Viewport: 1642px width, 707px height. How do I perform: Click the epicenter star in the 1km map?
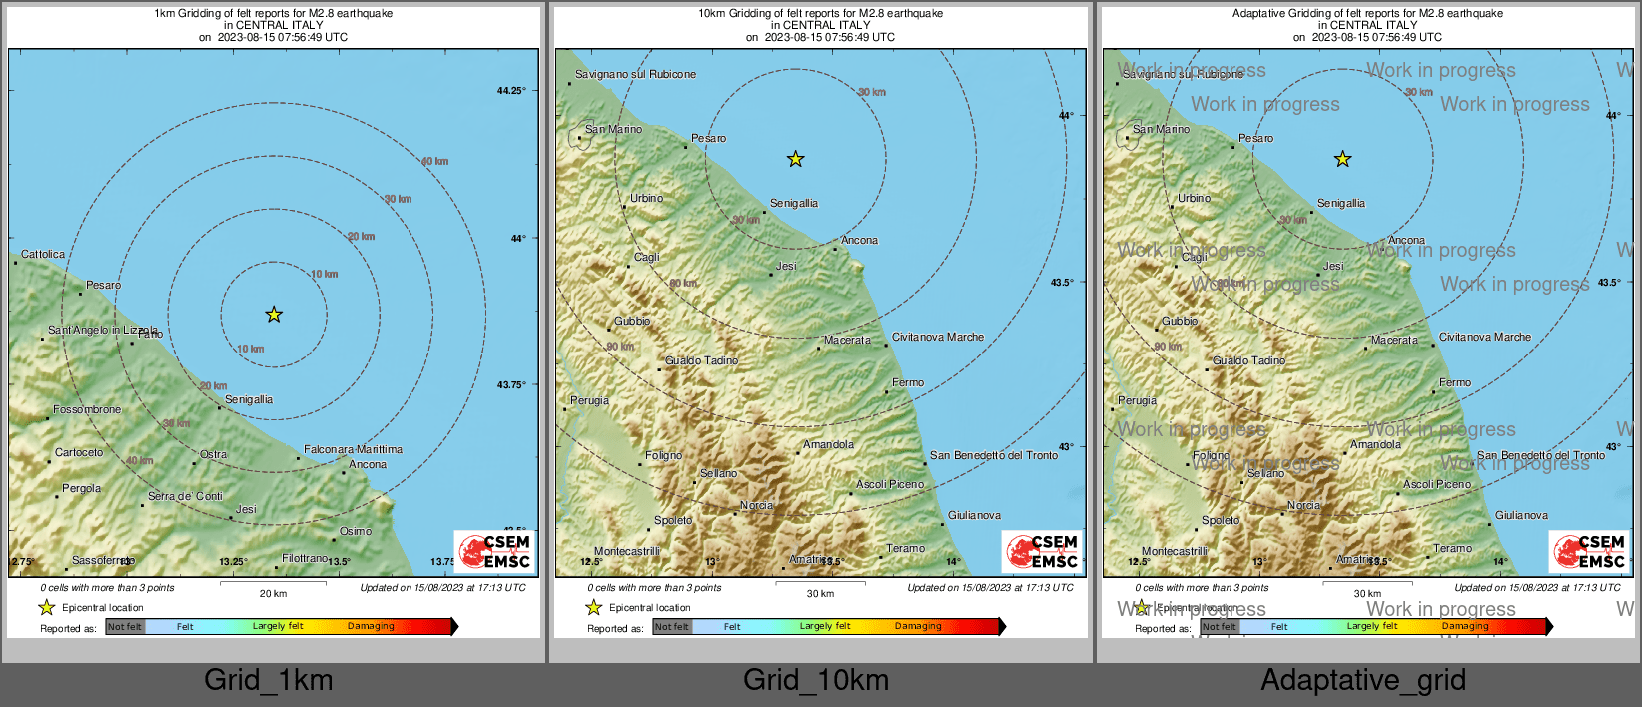point(274,315)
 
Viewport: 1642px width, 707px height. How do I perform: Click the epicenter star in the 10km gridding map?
point(795,159)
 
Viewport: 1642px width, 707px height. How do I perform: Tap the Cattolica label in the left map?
point(43,254)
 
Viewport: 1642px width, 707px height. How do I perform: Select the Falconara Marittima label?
point(353,449)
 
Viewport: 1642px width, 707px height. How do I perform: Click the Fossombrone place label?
point(87,409)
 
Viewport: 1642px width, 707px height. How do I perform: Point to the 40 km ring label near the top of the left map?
point(434,161)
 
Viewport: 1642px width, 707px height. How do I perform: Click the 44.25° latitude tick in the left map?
point(511,91)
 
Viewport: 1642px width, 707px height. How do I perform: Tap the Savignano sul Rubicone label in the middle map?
point(635,74)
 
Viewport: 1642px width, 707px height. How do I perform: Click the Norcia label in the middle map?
point(756,505)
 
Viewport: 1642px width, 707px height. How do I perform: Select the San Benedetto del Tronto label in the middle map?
point(993,455)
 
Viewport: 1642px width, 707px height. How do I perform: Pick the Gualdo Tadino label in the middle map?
point(702,360)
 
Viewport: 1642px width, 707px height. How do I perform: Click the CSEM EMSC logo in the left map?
point(495,551)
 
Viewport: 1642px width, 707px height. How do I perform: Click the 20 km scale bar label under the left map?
point(273,593)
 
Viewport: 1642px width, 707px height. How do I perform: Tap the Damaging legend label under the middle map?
point(918,626)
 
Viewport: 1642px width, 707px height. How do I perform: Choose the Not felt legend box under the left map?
point(125,627)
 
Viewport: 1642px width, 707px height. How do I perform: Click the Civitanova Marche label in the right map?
point(1484,337)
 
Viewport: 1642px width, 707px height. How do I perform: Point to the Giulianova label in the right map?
point(1521,515)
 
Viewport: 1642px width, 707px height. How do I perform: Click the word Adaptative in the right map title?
point(1263,13)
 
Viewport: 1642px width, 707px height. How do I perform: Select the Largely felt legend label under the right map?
point(1372,626)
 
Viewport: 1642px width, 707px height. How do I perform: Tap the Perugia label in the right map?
point(1137,400)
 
